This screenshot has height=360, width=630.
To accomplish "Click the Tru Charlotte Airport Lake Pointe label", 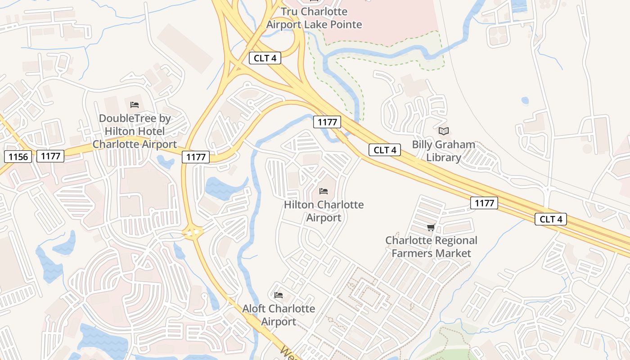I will (314, 18).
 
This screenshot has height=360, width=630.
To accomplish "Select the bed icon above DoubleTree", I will (134, 105).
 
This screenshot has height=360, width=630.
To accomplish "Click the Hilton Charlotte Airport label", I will (324, 211).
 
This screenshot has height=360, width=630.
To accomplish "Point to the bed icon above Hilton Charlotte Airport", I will (324, 191).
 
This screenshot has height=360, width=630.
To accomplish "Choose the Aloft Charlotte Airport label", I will (279, 315).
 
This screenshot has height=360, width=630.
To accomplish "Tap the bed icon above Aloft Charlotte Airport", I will (279, 295).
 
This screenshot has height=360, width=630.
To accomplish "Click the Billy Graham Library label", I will (444, 151).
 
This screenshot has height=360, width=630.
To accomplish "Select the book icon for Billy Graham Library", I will (444, 131).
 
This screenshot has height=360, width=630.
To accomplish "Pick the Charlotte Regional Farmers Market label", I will (431, 247).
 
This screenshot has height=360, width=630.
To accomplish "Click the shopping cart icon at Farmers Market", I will (431, 227).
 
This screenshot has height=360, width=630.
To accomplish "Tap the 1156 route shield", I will (18, 157).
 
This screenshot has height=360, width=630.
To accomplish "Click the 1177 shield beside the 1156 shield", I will (50, 156).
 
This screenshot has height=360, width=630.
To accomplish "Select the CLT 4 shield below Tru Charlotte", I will (265, 58).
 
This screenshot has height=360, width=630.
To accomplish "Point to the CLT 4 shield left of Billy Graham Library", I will (384, 150).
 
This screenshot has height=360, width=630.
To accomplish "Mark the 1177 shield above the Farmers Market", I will (484, 203).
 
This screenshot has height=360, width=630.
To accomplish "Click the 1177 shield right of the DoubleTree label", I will (196, 157).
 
